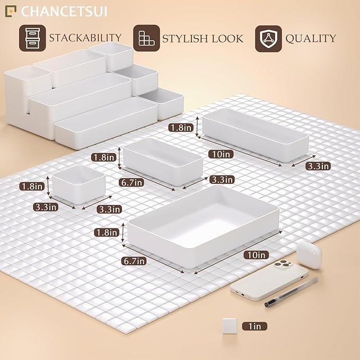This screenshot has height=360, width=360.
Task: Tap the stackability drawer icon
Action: [32, 38]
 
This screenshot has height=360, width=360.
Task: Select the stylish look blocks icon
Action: [145, 38]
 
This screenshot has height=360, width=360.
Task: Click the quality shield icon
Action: [268, 38]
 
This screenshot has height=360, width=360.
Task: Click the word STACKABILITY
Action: [85, 38]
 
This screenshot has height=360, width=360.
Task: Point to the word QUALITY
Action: [311, 38]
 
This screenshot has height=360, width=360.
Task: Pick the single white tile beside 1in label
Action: [230, 325]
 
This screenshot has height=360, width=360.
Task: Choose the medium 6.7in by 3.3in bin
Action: [163, 161]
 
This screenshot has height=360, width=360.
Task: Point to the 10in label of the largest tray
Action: [255, 255]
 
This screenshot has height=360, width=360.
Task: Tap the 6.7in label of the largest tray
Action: [134, 261]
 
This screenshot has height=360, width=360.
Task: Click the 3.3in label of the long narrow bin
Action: [318, 166]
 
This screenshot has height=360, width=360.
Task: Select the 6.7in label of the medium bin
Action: [132, 183]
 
